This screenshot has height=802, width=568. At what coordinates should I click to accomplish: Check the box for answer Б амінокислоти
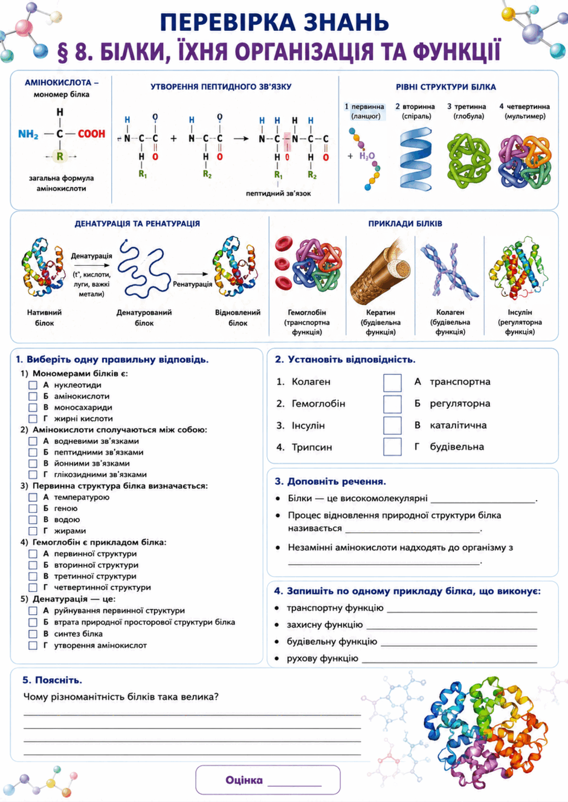pos(33,396)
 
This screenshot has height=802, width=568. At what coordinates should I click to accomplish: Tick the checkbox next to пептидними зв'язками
pos(33,452)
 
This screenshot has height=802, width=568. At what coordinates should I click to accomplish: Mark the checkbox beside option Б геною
pos(33,508)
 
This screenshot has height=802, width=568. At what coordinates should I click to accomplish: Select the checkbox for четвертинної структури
pos(33,587)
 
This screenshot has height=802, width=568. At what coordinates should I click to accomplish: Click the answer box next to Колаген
pos(392,382)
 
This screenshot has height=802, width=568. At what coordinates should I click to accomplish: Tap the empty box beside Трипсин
pos(392,446)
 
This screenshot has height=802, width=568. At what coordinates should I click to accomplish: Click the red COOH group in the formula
pos(91,134)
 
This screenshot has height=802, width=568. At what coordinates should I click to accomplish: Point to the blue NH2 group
pos(28,134)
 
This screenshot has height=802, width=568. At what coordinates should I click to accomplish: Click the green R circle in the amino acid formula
pos(60,156)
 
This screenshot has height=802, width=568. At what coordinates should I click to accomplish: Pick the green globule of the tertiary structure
pos(468,161)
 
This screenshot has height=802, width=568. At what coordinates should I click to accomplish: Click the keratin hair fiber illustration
pos(381,273)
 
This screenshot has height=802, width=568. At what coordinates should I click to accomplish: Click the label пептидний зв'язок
pos(279,194)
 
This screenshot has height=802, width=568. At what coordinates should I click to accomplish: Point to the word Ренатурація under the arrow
pos(193,284)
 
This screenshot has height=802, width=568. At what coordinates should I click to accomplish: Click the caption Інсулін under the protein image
pos(520,312)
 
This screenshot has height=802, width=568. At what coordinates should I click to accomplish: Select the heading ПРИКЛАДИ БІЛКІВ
pos(405,223)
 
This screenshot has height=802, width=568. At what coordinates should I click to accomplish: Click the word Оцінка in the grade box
pos(244,780)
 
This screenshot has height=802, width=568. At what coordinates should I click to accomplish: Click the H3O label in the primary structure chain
pos(367,156)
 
